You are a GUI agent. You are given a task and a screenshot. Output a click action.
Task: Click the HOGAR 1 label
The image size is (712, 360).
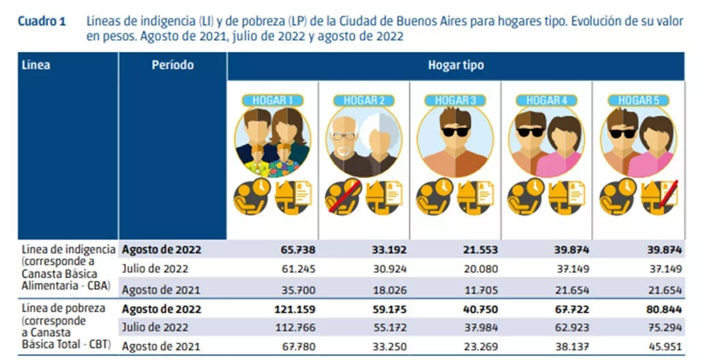click(x=272, y=100)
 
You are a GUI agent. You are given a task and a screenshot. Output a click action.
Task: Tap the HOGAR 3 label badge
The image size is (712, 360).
click(x=455, y=100)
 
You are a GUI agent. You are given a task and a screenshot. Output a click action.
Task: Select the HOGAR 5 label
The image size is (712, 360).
click(x=638, y=100)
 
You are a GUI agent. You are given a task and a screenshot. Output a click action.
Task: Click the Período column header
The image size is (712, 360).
click(x=173, y=65)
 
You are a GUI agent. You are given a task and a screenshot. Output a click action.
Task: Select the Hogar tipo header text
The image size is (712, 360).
click(x=456, y=65)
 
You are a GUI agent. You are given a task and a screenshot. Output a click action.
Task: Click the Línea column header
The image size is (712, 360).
click(x=36, y=65)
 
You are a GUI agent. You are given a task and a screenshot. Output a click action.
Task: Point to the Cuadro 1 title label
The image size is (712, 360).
click(x=42, y=21)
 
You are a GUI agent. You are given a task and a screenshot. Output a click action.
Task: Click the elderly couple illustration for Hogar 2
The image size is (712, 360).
click(x=364, y=142)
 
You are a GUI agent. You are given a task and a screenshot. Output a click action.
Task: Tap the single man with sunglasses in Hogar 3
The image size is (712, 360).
click(x=455, y=142)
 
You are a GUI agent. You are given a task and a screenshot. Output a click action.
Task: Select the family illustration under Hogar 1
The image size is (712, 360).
click(x=273, y=142)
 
